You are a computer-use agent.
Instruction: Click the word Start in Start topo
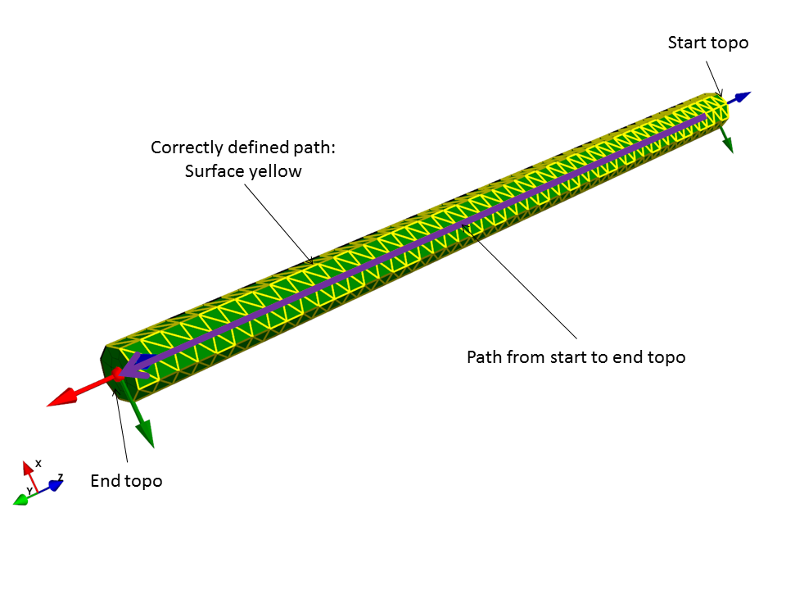687,43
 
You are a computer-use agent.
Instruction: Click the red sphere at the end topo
117,374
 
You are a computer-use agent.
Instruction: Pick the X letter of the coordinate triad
38,463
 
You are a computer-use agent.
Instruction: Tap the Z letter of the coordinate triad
61,476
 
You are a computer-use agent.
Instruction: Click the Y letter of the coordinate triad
29,491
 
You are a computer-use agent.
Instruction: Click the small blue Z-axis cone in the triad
55,485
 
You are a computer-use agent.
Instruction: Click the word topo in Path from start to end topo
666,357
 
